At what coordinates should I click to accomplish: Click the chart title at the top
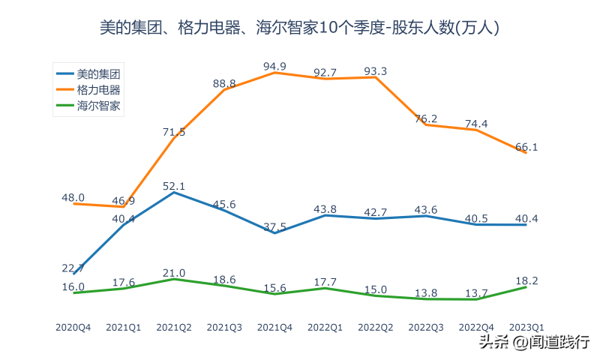coord(300,28)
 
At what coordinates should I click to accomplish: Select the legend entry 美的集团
coord(99,73)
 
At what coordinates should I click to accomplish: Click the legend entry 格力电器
coord(99,89)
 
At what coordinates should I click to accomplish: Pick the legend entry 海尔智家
coord(99,105)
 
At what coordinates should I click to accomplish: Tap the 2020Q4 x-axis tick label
coord(73,327)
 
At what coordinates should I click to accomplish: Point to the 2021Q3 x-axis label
coord(224,327)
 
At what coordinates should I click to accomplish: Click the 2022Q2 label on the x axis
coord(376,327)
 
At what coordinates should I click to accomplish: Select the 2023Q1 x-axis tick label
coord(526,327)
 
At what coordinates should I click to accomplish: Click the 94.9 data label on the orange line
coord(275,67)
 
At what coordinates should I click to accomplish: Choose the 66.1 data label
coord(526,147)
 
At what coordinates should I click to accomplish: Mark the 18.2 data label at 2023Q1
coord(526,280)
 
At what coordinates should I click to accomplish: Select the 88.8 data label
coord(224,83)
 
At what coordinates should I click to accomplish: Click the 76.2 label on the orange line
coord(426,118)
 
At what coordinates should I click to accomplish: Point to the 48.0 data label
coord(73,197)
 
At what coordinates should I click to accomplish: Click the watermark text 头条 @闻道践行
coord(533,343)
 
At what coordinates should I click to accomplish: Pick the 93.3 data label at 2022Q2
coord(376,71)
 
